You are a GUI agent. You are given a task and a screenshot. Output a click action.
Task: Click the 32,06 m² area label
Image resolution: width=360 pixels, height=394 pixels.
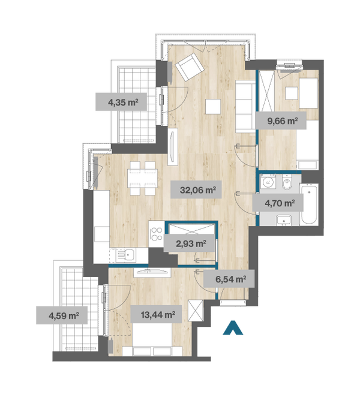tap(196, 190)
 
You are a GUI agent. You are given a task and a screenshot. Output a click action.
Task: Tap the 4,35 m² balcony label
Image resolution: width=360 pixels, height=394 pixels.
tap(121, 101)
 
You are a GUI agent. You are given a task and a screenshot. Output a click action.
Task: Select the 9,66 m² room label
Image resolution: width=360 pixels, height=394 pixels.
tap(281, 121)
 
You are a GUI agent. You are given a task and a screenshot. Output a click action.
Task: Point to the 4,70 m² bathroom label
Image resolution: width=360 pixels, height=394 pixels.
tap(278, 203)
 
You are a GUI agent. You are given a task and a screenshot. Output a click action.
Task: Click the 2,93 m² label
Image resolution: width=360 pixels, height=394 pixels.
tap(190, 243)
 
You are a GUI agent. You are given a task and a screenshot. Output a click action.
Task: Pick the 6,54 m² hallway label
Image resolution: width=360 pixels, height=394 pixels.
tap(229, 278)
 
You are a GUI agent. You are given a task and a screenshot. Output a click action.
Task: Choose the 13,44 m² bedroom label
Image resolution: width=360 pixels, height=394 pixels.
tap(156, 314)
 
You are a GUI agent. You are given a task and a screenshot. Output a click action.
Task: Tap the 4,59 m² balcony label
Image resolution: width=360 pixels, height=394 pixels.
tap(62, 315)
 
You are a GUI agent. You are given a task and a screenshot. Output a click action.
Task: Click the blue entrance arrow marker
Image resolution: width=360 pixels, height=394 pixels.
tap(233, 327)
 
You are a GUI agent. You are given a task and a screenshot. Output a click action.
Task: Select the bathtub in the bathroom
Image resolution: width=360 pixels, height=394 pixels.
tap(309, 204)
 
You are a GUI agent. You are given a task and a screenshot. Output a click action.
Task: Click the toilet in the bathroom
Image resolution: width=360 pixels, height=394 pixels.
tap(287, 183)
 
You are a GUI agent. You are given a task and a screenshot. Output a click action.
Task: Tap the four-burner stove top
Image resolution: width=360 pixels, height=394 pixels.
tap(157, 234)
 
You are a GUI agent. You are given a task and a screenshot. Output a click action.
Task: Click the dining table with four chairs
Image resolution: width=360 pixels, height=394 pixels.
tap(142, 178)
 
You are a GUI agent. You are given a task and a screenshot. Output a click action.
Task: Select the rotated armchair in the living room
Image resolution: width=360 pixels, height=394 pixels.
tap(189, 67)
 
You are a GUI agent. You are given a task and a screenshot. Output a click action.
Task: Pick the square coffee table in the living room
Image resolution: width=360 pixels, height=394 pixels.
tap(213, 107)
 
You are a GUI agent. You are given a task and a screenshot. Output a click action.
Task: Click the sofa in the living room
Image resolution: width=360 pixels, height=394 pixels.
tap(245, 106)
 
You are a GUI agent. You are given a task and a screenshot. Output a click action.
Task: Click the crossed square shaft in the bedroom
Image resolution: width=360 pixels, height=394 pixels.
tap(196, 310)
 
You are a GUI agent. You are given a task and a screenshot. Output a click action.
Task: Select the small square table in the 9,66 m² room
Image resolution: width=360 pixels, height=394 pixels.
tap(292, 94)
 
